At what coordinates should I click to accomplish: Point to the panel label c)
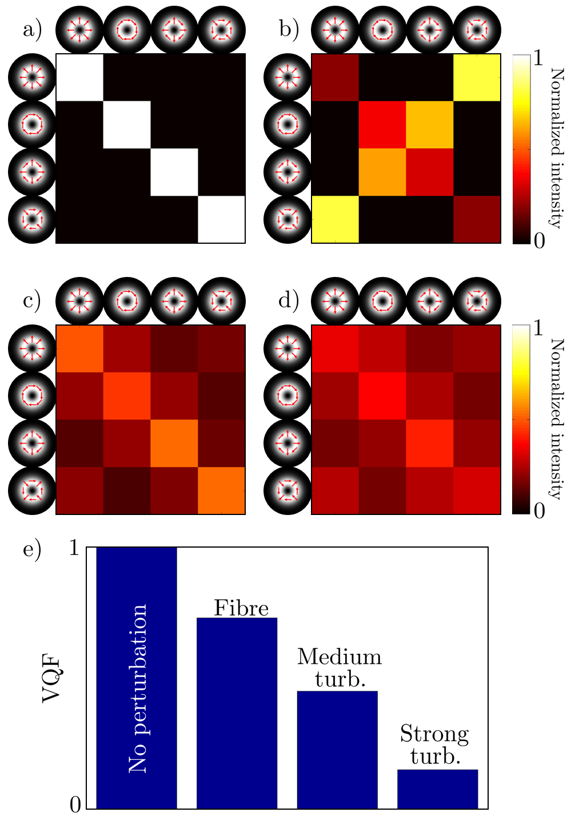coord(32,300)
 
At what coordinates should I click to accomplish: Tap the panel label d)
coord(289,300)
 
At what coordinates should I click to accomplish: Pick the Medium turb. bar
coord(337,750)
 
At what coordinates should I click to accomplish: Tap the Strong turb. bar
coord(437,789)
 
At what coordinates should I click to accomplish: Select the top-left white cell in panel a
coord(79,77)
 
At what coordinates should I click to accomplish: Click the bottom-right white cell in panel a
coord(222,220)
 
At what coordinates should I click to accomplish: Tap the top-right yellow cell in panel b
coord(477,77)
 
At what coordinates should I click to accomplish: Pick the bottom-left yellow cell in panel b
coord(336,220)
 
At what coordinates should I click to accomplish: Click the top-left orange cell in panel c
coord(79,348)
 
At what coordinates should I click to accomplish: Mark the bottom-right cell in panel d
coord(477,491)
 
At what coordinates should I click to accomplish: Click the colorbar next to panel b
coord(520,149)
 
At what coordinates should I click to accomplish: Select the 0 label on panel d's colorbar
coord(539,511)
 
